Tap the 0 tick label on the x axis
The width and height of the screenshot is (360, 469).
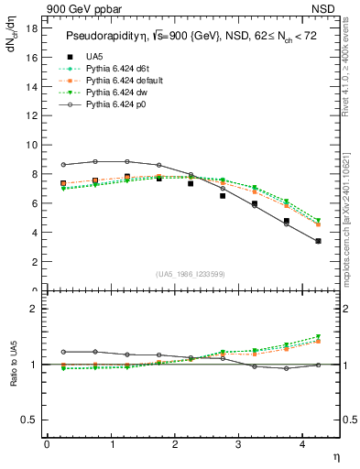[x=47, y=444]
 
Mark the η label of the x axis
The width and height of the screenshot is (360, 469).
[x=334, y=455]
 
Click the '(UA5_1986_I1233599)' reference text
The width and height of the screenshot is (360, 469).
[x=192, y=274]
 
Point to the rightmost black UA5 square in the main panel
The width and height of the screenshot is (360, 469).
[x=318, y=241]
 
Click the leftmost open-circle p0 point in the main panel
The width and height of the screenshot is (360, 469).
[x=62, y=165]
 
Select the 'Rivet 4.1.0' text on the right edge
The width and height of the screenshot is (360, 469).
[x=350, y=73]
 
